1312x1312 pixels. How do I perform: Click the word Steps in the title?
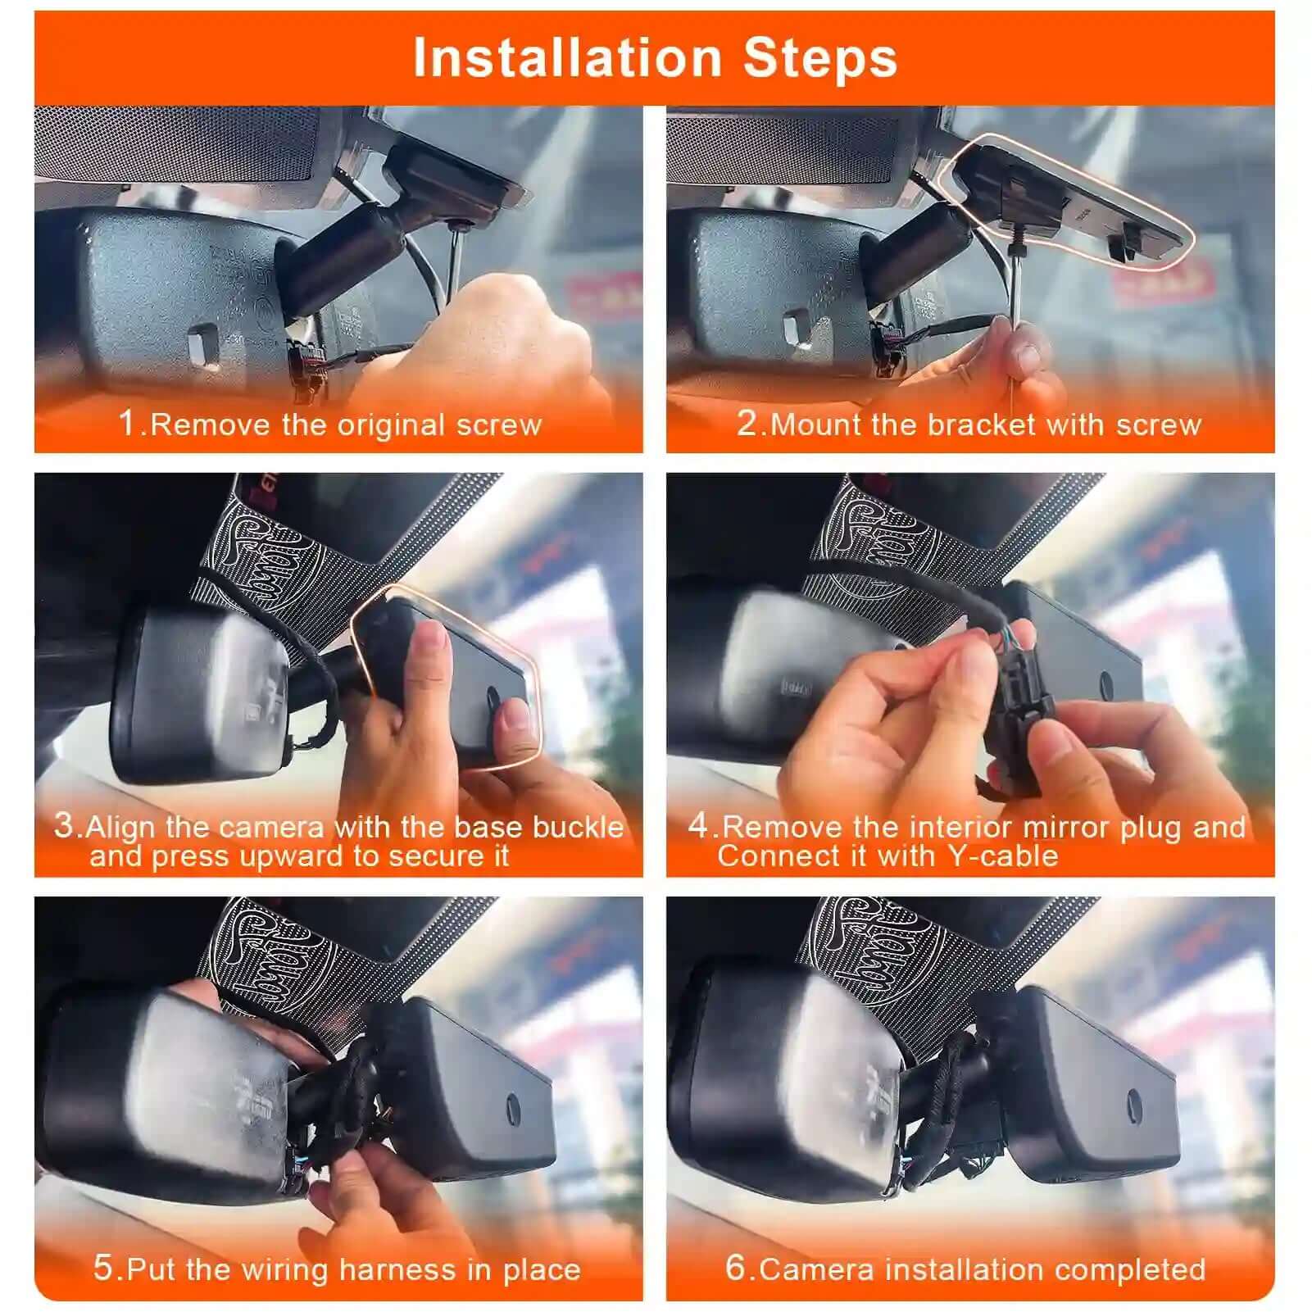coord(819,58)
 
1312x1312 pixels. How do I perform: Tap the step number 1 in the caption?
coord(127,423)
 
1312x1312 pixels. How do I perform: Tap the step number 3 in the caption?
coord(63,824)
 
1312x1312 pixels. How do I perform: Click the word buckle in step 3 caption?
coord(578,826)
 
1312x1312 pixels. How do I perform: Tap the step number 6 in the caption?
coord(735,1268)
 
